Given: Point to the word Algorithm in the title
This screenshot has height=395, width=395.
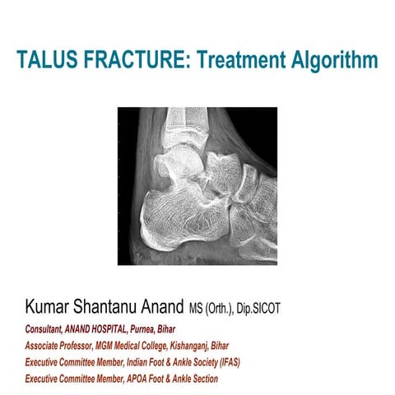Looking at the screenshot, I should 332,60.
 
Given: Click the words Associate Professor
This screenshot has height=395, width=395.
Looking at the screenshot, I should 59,344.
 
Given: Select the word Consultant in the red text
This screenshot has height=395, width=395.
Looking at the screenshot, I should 45,328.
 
